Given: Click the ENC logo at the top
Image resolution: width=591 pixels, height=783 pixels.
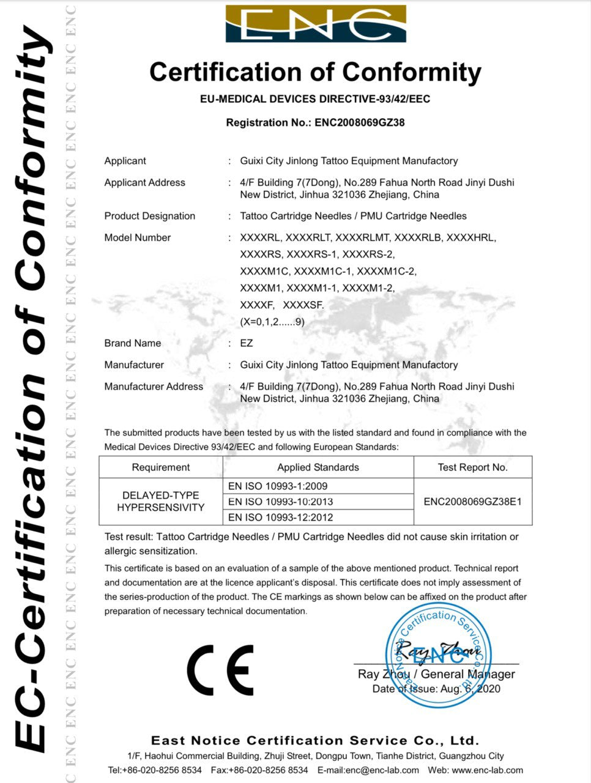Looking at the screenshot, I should point(316,24).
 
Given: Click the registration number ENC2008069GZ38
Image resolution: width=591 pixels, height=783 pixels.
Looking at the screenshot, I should point(360,122).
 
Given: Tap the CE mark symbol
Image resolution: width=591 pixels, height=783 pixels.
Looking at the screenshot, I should point(220,670).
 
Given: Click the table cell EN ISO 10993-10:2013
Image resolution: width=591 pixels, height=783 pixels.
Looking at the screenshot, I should point(281,502).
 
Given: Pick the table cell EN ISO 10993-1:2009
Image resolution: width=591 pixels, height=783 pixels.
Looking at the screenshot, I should point(278,486).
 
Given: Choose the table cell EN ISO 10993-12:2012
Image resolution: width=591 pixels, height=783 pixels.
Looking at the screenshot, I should point(281,518).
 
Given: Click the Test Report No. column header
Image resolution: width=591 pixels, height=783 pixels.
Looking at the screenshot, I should point(472,467).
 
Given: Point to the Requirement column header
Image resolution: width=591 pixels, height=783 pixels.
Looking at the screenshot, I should point(161,467).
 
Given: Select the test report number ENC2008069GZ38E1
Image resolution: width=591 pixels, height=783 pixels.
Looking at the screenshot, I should point(472,502).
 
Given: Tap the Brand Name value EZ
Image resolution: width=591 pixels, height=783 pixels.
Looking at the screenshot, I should point(247,343).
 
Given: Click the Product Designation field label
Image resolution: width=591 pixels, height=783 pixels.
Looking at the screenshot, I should point(150,216).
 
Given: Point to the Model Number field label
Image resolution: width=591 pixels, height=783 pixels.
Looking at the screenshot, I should point(138,237).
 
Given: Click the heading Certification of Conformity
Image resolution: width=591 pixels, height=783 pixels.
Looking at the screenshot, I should point(316,72).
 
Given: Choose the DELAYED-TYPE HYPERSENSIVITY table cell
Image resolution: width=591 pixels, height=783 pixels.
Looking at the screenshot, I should point(161,502).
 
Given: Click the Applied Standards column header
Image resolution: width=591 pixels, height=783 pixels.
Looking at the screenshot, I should point(318,467).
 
